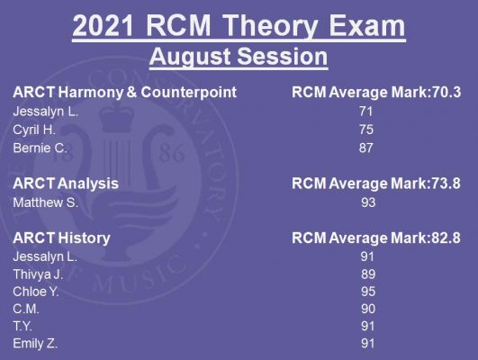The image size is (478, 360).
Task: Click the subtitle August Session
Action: click(239, 57)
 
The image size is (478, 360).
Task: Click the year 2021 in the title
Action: click(103, 25)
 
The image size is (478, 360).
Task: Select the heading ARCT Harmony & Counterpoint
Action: click(125, 92)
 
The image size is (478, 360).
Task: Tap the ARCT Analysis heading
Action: click(66, 184)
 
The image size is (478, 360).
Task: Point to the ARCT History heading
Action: click(61, 238)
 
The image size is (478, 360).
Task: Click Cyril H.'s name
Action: click(34, 130)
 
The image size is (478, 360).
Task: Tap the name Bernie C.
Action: click(40, 148)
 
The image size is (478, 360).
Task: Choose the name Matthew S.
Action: click(45, 202)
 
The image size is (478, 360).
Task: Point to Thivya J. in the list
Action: click(38, 274)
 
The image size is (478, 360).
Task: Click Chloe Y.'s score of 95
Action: click(368, 292)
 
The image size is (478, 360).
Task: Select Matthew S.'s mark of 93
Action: click(368, 202)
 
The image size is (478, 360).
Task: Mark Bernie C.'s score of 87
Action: click(365, 148)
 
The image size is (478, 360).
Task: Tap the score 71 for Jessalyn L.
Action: click(365, 112)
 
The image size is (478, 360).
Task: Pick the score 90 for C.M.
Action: click(368, 309)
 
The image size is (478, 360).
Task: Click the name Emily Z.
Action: click(35, 344)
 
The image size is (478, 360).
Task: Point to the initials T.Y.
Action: click(23, 327)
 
